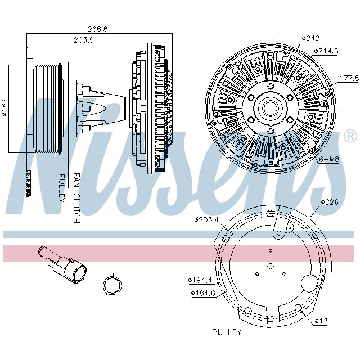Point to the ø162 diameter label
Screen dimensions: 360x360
pos(4,107)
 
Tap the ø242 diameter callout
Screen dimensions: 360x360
pos(310,38)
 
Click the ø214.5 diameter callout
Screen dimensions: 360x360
pos(326,51)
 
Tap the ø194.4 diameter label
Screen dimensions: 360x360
pos(200,280)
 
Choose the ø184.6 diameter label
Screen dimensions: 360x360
pos(202,293)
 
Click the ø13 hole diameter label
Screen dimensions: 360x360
pos(321,321)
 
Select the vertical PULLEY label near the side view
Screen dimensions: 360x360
pos(62,188)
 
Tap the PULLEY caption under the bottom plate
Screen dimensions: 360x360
pos(226,332)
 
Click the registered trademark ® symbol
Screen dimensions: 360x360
pos(349,136)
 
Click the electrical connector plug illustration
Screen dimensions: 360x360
pos(62,264)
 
